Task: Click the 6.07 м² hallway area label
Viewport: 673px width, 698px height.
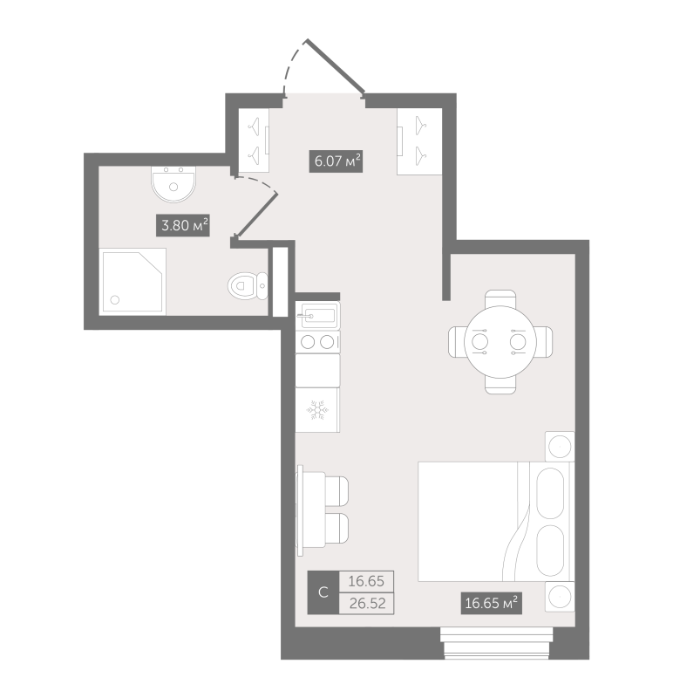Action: tap(336, 161)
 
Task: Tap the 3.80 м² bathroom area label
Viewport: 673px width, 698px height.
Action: tap(184, 227)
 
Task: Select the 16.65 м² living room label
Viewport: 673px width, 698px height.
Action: tap(491, 602)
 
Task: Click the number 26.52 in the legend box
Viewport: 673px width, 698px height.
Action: tap(366, 602)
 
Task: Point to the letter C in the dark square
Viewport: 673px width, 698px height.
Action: tap(323, 593)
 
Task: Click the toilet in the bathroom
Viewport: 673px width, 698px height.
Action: tap(246, 284)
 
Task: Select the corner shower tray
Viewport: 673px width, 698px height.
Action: tap(133, 279)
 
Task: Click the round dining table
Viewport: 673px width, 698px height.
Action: tap(500, 341)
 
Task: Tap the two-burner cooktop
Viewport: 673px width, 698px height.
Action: tap(317, 342)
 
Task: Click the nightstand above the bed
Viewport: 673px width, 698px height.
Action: tap(558, 447)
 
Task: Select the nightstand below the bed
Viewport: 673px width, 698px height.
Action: tap(558, 597)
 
